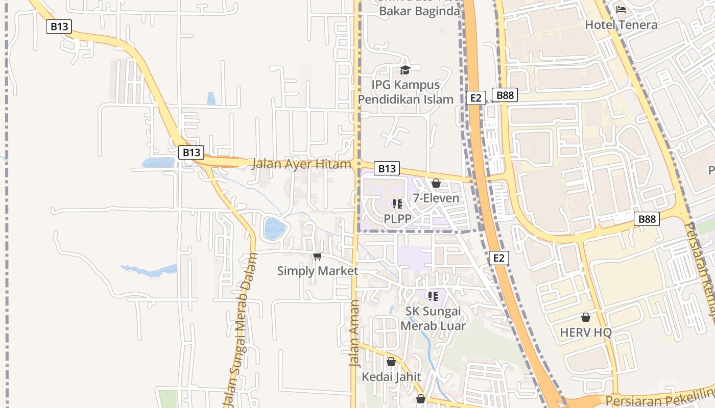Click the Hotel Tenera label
pyautogui.click(x=621, y=24)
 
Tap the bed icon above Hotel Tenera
pyautogui.click(x=621, y=10)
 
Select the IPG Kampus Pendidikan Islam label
pyautogui.click(x=406, y=92)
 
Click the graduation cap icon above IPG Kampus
pyautogui.click(x=405, y=70)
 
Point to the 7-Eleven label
pyautogui.click(x=436, y=198)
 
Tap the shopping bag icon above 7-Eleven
pyautogui.click(x=436, y=183)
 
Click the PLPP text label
pyautogui.click(x=397, y=218)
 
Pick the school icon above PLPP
pyautogui.click(x=397, y=204)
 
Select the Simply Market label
pyautogui.click(x=317, y=271)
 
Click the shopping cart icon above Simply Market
pyautogui.click(x=317, y=256)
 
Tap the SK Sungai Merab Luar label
pyautogui.click(x=433, y=318)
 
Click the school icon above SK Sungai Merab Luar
pyautogui.click(x=433, y=296)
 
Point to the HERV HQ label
pyautogui.click(x=586, y=333)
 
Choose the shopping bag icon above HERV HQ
pyautogui.click(x=586, y=318)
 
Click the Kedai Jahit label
pyautogui.click(x=391, y=377)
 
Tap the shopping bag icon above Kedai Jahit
pyautogui.click(x=391, y=362)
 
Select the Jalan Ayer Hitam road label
pyautogui.click(x=301, y=164)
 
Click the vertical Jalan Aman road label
pyautogui.click(x=354, y=334)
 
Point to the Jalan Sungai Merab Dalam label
pyautogui.click(x=240, y=326)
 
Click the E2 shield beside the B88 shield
pyautogui.click(x=475, y=98)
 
